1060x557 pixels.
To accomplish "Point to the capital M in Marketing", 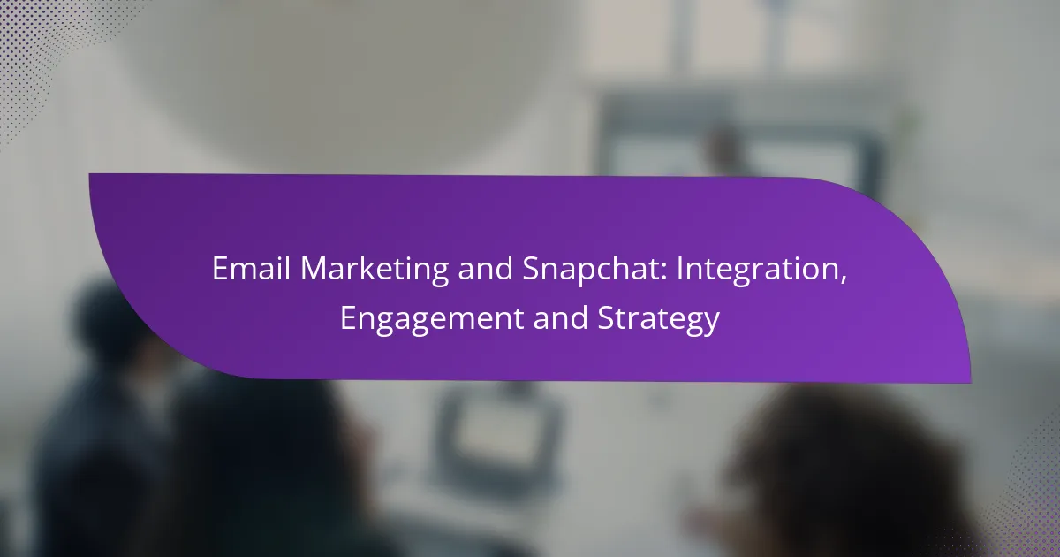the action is click(x=315, y=269).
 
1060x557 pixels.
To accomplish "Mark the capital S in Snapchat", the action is click(x=531, y=269).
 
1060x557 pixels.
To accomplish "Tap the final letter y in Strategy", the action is click(x=711, y=324).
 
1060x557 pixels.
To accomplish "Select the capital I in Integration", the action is click(x=680, y=269).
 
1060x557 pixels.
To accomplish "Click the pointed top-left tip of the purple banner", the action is click(x=89, y=174).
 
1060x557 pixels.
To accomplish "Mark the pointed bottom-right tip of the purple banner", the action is click(x=971, y=382).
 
